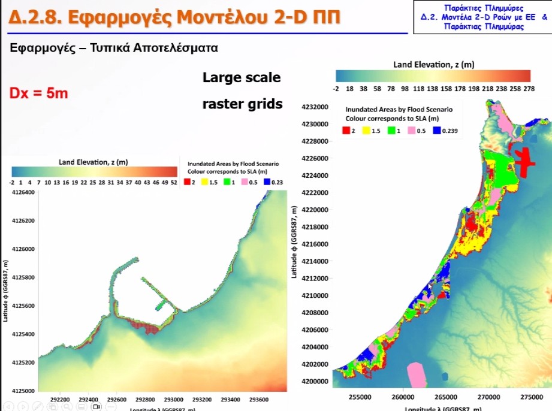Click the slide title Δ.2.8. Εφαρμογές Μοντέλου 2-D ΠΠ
174,16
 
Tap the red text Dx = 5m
38,93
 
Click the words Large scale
242,77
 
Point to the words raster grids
242,104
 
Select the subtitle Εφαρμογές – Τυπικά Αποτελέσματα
114,49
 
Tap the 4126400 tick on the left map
23,192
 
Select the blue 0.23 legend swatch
265,182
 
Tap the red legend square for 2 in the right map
346,131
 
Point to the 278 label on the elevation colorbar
529,89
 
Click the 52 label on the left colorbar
174,182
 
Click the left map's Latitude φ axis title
6,291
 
